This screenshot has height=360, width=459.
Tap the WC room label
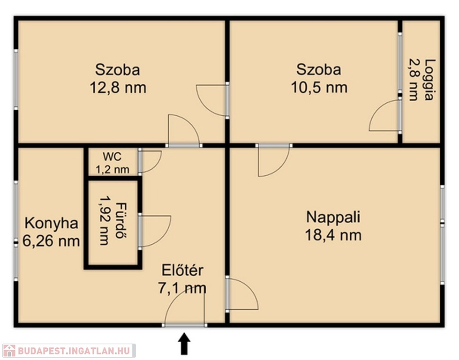point(112,157)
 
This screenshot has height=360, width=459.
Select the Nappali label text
point(333,217)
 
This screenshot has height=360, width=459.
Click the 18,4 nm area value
point(333,235)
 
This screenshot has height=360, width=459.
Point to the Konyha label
point(51,223)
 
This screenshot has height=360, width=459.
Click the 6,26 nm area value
point(51,241)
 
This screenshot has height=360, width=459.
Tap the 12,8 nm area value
point(118,88)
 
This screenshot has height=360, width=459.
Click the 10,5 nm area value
point(319,88)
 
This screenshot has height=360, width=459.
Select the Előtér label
point(182,270)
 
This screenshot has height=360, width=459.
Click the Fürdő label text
point(119,220)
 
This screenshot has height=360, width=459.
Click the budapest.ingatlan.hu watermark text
point(74,351)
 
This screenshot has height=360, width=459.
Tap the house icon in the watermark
point(9,350)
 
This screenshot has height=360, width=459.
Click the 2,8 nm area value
point(414,80)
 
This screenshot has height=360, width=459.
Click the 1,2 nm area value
point(113,170)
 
